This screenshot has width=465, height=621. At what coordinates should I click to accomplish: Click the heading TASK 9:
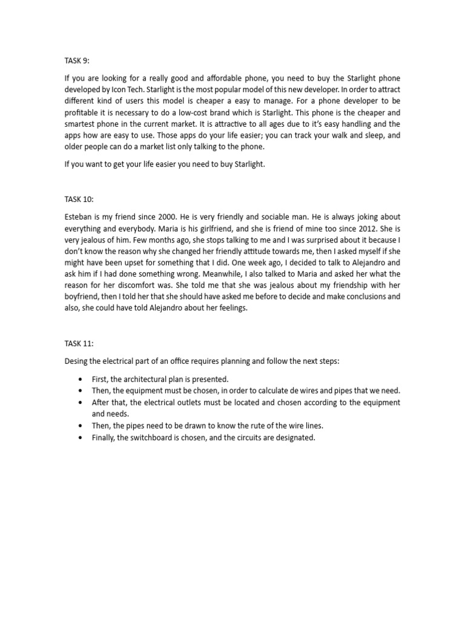click(x=77, y=61)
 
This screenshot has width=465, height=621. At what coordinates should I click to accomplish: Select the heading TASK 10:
click(x=79, y=199)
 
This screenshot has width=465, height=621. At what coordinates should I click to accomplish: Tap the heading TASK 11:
click(x=79, y=343)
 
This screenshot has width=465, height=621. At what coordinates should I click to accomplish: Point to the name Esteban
click(x=79, y=217)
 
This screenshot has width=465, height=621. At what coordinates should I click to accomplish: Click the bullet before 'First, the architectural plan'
click(x=81, y=380)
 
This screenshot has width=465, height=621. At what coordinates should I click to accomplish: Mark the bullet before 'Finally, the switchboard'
click(x=81, y=438)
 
